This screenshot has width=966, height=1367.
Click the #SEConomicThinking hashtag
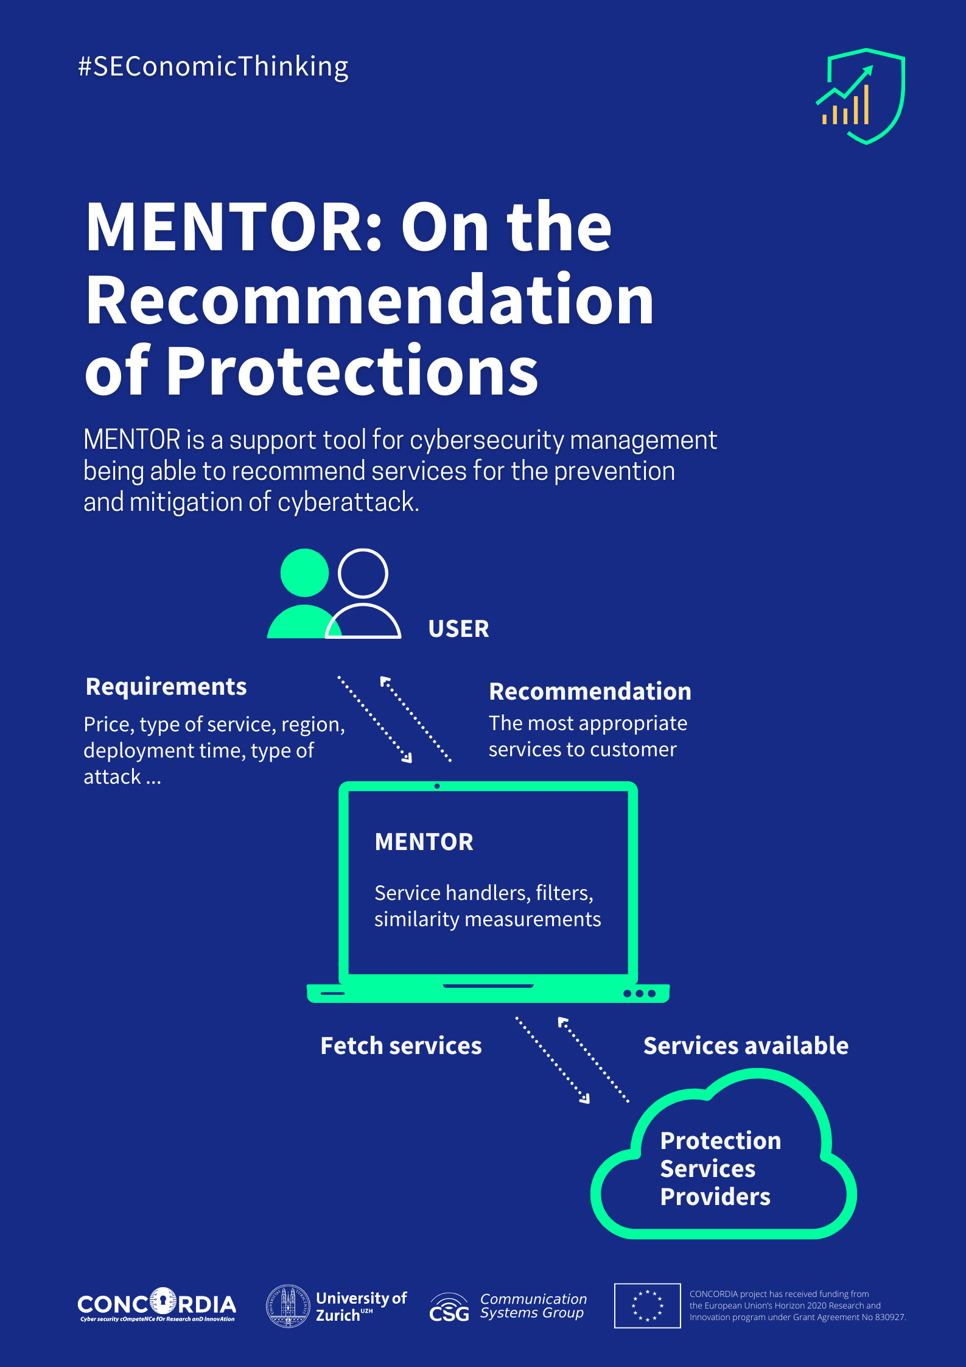tap(213, 66)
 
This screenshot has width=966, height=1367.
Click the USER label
tap(458, 629)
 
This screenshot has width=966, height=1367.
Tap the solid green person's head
tap(304, 572)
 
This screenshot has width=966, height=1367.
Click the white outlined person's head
tap(363, 573)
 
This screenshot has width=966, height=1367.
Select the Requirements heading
tap(166, 687)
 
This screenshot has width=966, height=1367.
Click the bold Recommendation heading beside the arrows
tap(590, 692)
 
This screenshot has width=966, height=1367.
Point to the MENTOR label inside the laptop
tap(424, 842)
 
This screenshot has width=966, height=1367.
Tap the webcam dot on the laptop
tap(437, 786)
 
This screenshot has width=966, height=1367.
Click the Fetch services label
tap(401, 1046)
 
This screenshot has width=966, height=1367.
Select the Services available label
tap(746, 1046)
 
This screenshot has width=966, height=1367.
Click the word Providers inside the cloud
tap(715, 1197)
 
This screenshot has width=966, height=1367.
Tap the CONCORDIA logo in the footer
tap(156, 1304)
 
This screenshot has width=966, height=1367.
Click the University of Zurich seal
tap(289, 1306)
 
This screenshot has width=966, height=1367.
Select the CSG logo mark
tap(449, 1308)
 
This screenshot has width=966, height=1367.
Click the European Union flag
tap(647, 1306)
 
